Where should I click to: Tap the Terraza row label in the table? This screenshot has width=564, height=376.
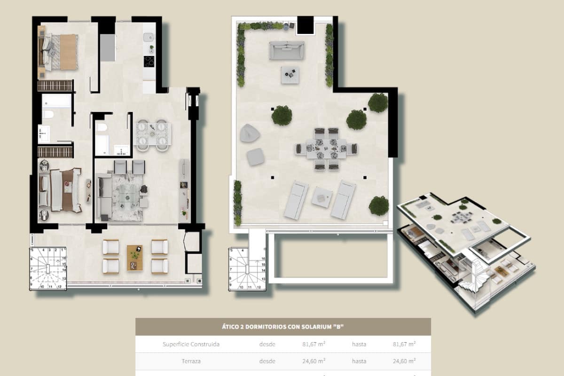click(191, 361)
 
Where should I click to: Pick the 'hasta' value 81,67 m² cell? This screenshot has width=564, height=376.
click(404, 344)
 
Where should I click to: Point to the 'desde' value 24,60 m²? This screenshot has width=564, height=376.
click(313, 361)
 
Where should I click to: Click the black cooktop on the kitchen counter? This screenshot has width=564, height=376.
click(149, 61)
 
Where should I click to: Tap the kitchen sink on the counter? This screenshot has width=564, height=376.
click(149, 37)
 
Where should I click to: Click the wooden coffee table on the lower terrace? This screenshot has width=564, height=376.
click(135, 258)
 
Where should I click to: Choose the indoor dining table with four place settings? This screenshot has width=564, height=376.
click(153, 134)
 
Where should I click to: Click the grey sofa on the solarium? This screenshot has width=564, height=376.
click(286, 50)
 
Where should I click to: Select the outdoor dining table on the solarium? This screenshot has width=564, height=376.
click(326, 149)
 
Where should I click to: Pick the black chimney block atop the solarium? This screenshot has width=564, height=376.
click(305, 25)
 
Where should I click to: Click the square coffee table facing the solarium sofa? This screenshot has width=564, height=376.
click(290, 75)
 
